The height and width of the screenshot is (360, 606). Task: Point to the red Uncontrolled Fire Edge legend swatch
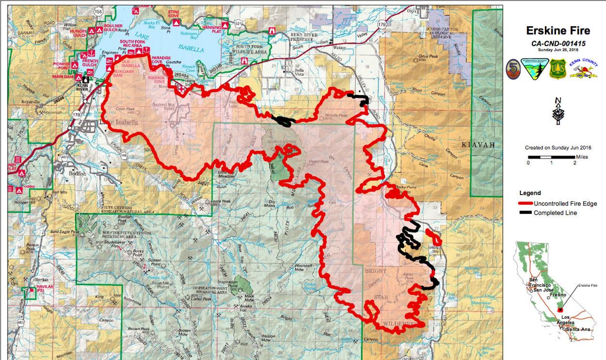(526, 203)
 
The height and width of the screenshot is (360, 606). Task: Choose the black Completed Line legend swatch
(526, 213)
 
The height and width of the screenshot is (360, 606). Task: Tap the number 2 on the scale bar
(574, 162)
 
